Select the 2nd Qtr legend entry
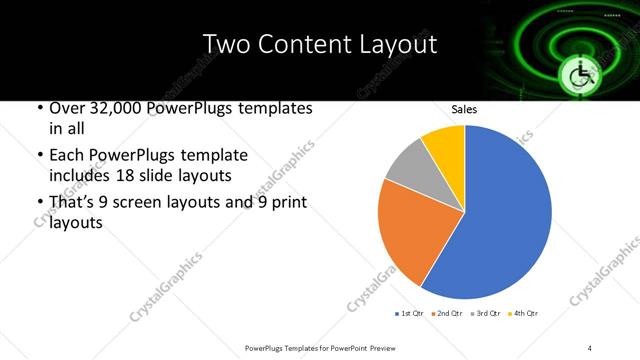(447, 314)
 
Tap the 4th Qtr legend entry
(524, 314)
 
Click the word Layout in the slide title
(398, 45)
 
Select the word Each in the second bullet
(66, 155)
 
